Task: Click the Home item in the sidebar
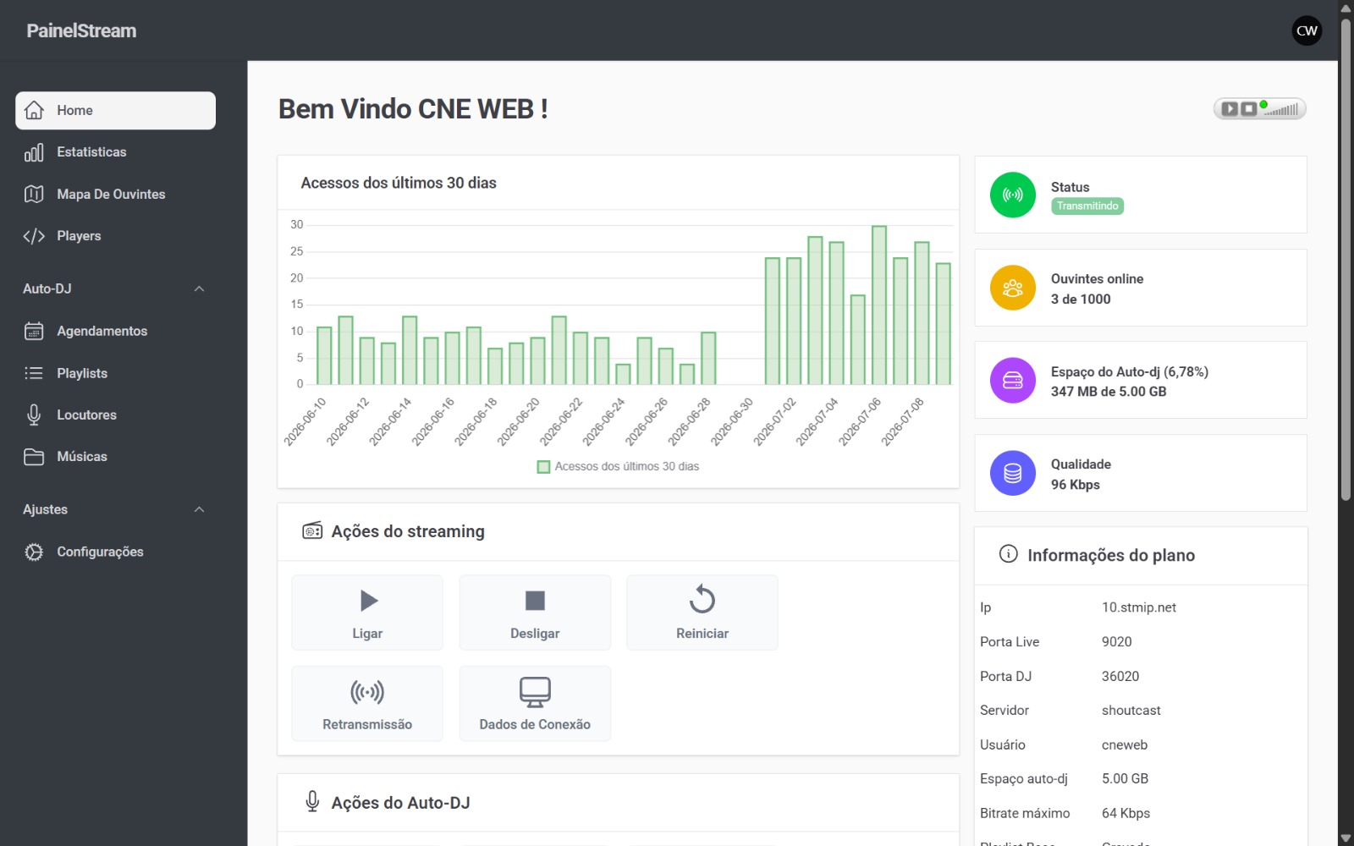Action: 115,111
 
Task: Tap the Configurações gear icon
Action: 34,552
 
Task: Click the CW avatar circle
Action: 1307,30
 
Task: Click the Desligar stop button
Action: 535,613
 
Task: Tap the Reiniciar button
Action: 702,613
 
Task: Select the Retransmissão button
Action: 367,703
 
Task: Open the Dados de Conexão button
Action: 535,703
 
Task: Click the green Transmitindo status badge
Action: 1087,206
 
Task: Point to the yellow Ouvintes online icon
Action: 1012,288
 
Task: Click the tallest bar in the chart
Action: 879,305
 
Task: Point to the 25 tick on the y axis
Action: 296,251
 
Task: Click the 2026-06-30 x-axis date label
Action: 732,422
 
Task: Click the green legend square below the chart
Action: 543,467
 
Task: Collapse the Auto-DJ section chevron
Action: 199,288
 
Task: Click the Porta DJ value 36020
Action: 1120,676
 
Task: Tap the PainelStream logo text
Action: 81,30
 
